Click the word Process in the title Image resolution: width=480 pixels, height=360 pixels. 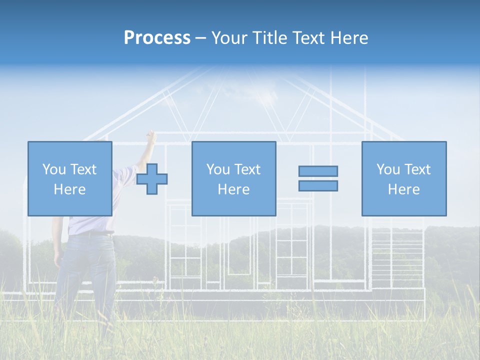click(157, 38)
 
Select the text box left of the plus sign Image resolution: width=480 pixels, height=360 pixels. click(69, 178)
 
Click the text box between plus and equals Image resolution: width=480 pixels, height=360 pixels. click(233, 178)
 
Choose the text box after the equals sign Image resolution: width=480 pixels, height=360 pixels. click(403, 178)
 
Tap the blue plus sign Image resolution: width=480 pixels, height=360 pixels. click(152, 179)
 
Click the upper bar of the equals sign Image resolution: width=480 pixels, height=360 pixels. click(318, 171)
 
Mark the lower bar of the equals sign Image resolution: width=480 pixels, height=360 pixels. click(318, 185)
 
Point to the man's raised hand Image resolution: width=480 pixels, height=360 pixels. click(150, 135)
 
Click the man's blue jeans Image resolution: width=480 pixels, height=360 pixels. click(85, 270)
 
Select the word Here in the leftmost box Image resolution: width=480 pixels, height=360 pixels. click(69, 189)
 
